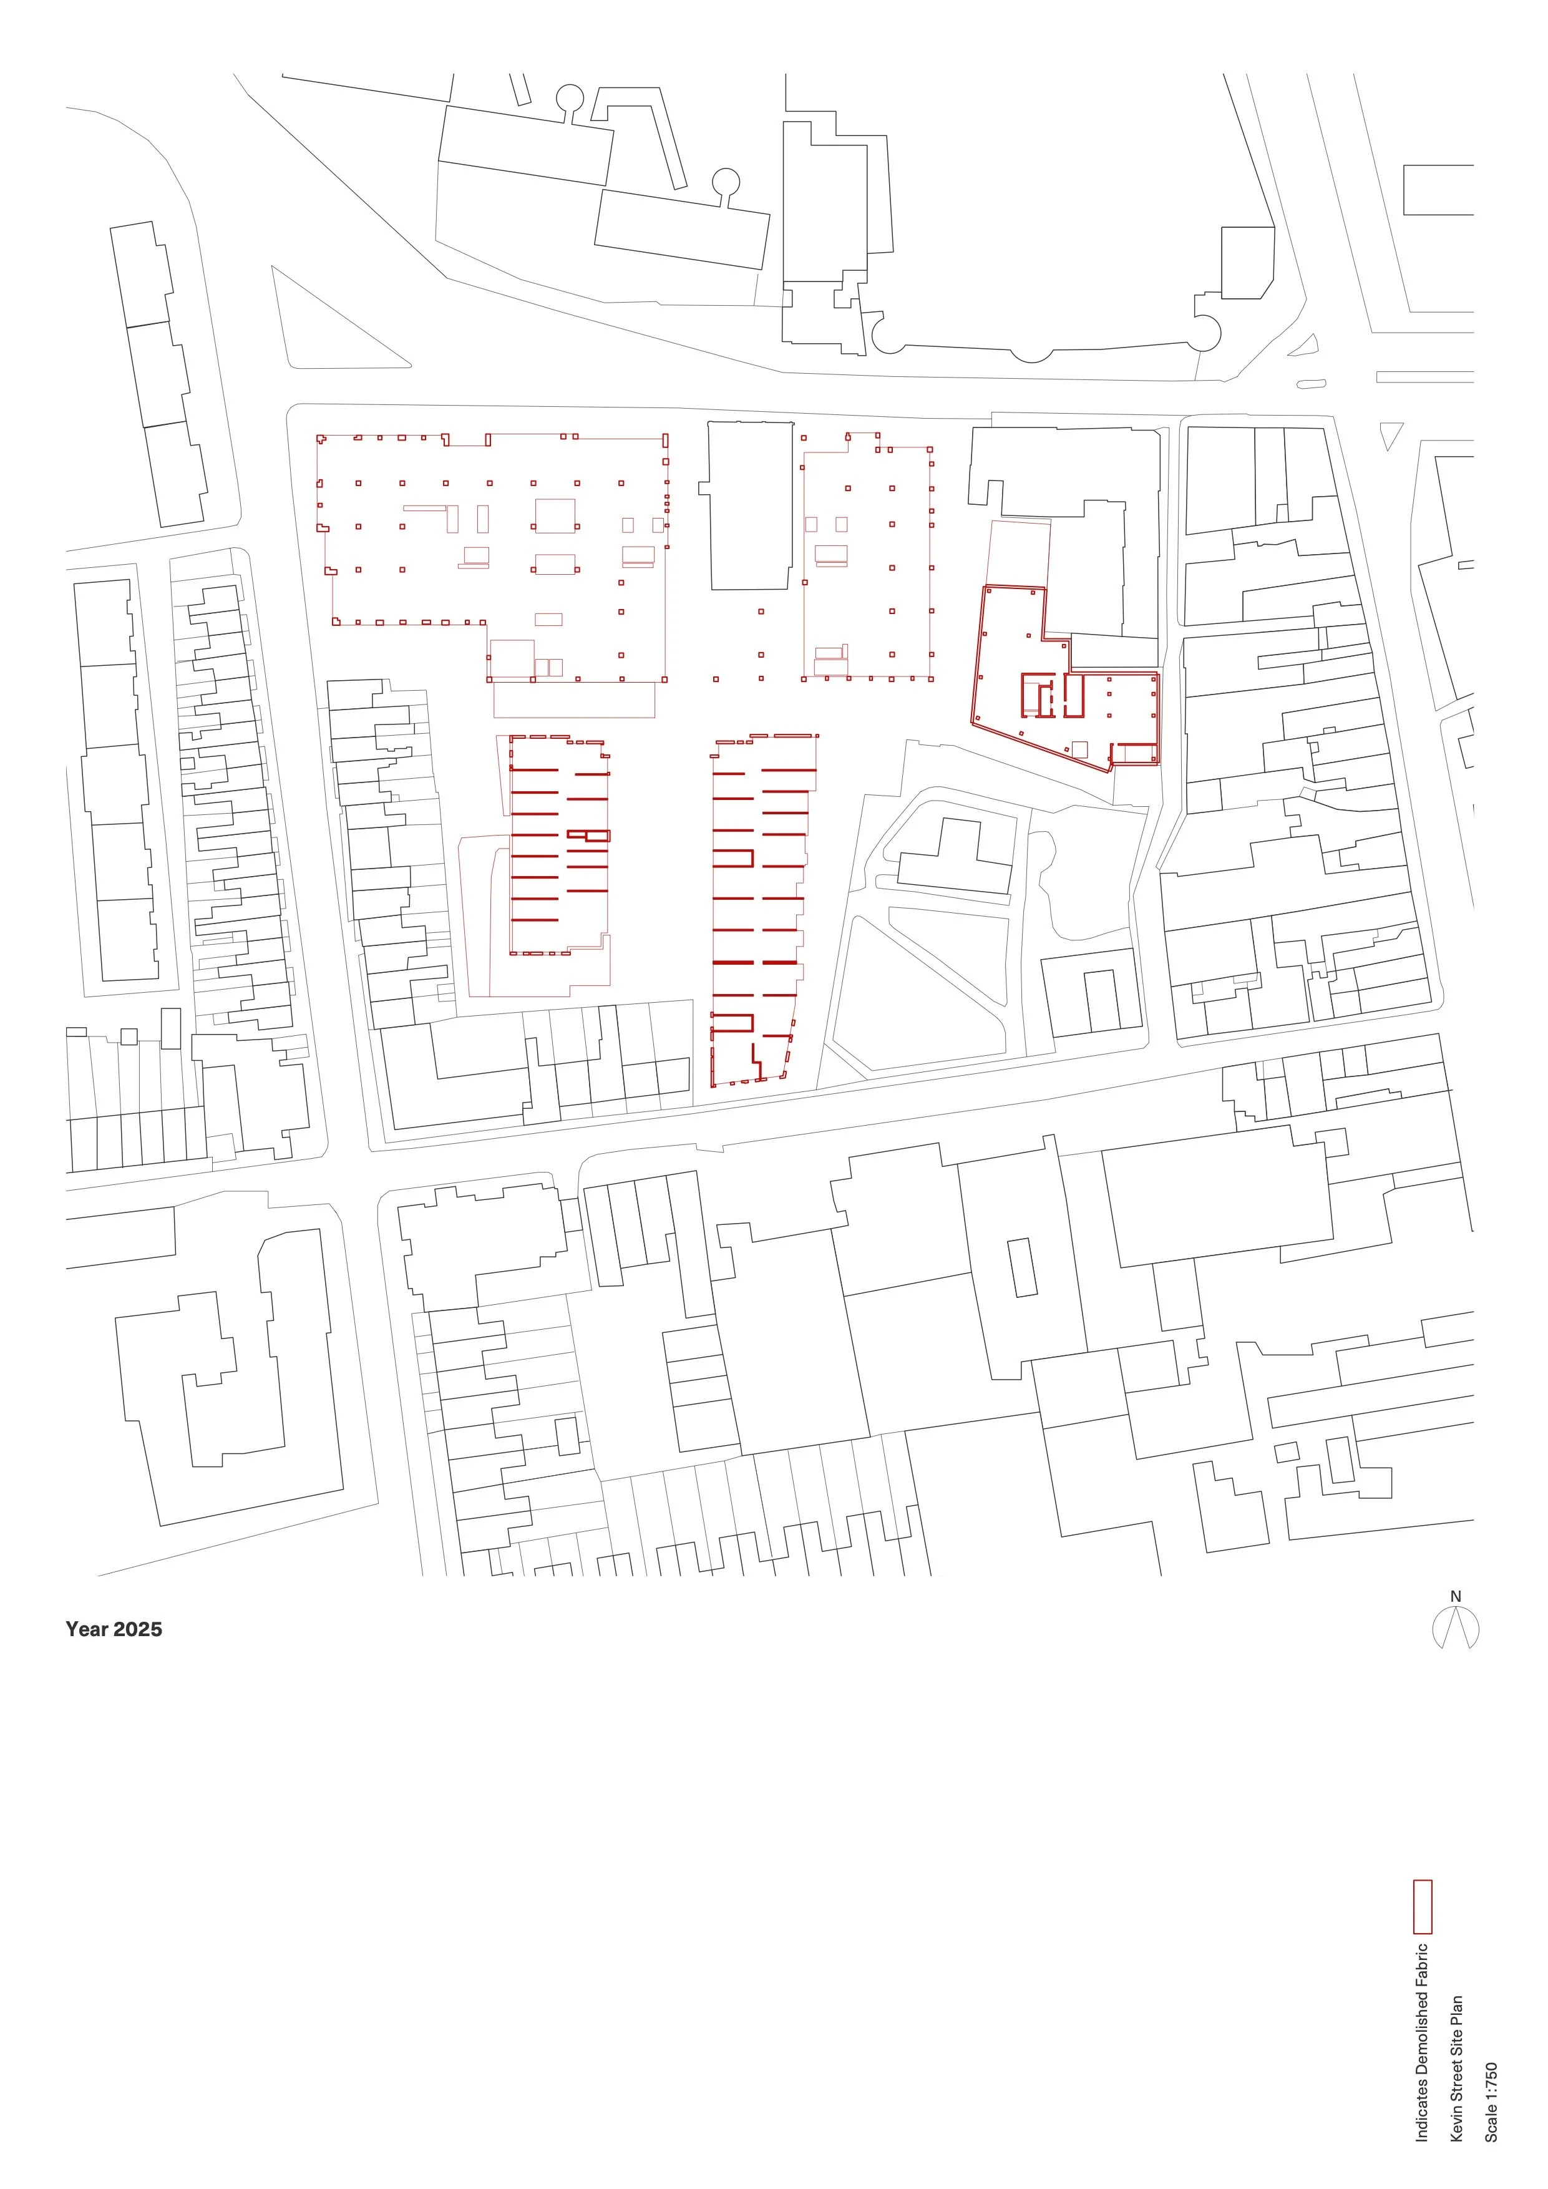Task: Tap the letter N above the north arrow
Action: (1456, 1596)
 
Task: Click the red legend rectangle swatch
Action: (1422, 1907)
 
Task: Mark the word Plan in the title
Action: (1456, 2012)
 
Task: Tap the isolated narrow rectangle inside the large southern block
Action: (1022, 1267)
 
